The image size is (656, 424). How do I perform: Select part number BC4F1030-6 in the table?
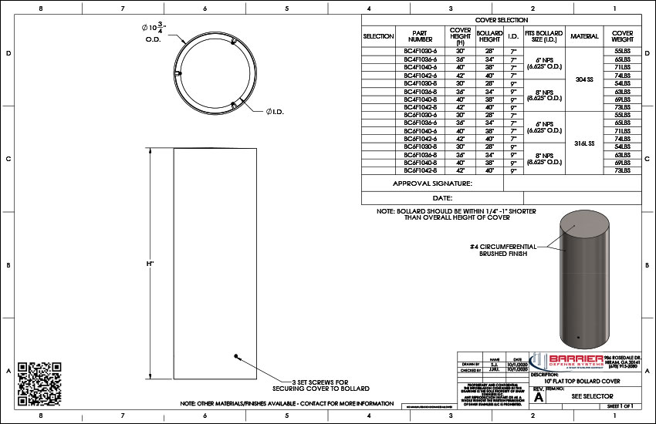click(421, 51)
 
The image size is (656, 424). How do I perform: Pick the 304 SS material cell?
click(584, 79)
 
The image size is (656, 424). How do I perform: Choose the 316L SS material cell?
click(584, 143)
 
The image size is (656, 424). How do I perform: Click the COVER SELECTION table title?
click(502, 20)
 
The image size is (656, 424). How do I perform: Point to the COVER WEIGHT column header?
click(623, 36)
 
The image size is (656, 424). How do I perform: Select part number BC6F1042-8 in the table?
click(421, 171)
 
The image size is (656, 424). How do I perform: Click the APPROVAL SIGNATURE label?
click(432, 183)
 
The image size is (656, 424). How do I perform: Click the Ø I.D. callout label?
click(277, 113)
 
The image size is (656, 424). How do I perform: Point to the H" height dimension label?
click(150, 264)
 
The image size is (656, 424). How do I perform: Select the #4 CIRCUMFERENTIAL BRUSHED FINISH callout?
click(502, 250)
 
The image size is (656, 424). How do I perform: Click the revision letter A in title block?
click(539, 398)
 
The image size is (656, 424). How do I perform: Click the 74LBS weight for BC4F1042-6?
click(623, 75)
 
